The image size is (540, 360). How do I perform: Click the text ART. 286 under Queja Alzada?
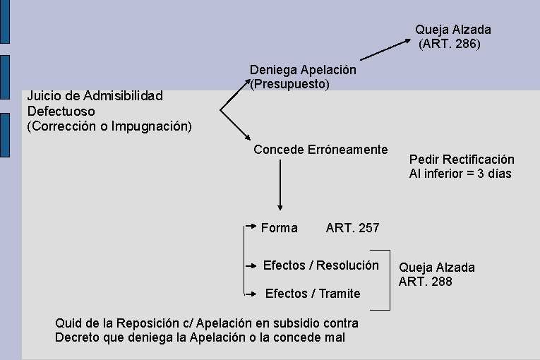tap(450, 44)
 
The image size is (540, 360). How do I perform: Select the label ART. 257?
tap(352, 228)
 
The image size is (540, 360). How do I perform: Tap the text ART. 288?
tap(425, 282)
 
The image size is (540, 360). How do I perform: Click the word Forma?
tap(279, 228)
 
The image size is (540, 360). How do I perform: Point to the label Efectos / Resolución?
tap(320, 265)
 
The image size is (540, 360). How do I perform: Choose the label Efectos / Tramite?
tap(312, 293)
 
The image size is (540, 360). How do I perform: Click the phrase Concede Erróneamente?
tap(320, 150)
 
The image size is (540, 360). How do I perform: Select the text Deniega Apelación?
tap(303, 71)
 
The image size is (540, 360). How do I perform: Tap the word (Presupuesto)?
tap(289, 85)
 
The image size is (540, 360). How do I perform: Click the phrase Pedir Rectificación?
tap(462, 160)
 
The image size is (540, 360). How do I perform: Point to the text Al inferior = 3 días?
tap(460, 174)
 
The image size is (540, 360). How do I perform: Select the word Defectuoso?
tap(61, 112)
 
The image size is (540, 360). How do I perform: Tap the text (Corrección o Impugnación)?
tap(109, 127)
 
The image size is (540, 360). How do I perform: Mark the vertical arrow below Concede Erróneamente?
tap(280, 184)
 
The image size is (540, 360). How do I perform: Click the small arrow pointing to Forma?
tap(251, 227)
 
